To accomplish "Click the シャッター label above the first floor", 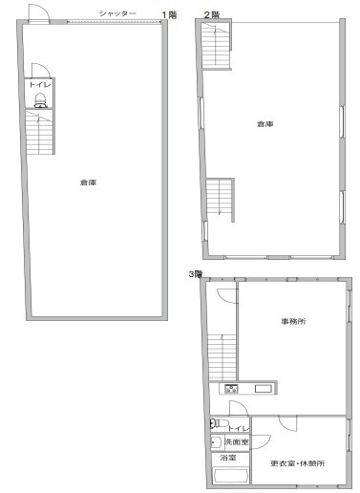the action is (117, 13).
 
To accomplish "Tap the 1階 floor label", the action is (169, 15).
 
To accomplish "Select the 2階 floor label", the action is (212, 14).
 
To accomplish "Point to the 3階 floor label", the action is (196, 274).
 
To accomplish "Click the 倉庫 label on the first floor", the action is (88, 182).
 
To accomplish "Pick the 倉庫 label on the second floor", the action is (265, 124).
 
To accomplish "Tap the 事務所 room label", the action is (293, 321).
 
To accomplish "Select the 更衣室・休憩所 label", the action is (298, 463).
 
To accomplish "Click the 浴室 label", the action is (228, 458).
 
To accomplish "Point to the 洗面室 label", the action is (237, 441).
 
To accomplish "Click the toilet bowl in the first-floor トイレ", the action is (41, 100).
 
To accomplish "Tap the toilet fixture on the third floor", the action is (220, 423).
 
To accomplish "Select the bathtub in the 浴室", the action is (231, 476).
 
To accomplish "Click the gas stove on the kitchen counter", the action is (231, 389).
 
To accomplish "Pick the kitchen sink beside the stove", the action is (264, 389).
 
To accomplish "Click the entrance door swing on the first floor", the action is (39, 13).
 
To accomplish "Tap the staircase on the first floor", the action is (39, 132).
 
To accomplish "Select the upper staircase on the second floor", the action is (216, 45).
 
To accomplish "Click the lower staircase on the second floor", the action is (219, 197).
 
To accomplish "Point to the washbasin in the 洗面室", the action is (216, 442).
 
